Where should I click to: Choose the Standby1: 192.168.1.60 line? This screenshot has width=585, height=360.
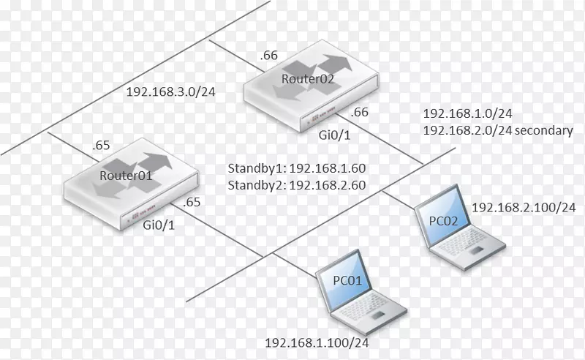click(297, 168)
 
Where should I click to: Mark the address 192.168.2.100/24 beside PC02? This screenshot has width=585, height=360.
click(524, 208)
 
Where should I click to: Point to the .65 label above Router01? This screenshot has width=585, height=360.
click(102, 146)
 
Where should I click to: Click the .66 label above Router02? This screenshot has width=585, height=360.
click(270, 54)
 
